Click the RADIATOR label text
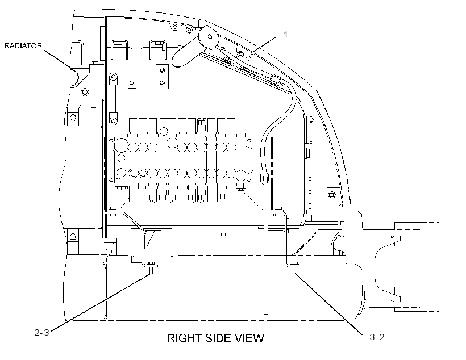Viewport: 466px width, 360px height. (23, 46)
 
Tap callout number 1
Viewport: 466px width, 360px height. (286, 35)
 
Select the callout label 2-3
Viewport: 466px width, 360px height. (42, 332)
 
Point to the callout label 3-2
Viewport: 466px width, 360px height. (377, 337)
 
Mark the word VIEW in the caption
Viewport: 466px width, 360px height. (249, 338)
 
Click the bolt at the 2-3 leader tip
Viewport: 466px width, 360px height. (152, 266)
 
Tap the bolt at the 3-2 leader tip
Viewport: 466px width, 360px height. (294, 265)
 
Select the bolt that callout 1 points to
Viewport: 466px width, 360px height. (241, 54)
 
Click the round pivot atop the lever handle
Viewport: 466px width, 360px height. (209, 37)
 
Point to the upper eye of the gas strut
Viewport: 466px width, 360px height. (113, 78)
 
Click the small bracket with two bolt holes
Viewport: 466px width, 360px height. (163, 77)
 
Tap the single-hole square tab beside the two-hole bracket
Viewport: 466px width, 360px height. (132, 83)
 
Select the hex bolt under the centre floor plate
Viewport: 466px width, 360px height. (225, 231)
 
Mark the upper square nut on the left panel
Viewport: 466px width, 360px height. (73, 118)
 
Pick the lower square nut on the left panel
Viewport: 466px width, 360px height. (73, 236)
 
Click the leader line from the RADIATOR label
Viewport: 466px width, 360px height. (57, 58)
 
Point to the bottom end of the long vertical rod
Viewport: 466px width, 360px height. (266, 313)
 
